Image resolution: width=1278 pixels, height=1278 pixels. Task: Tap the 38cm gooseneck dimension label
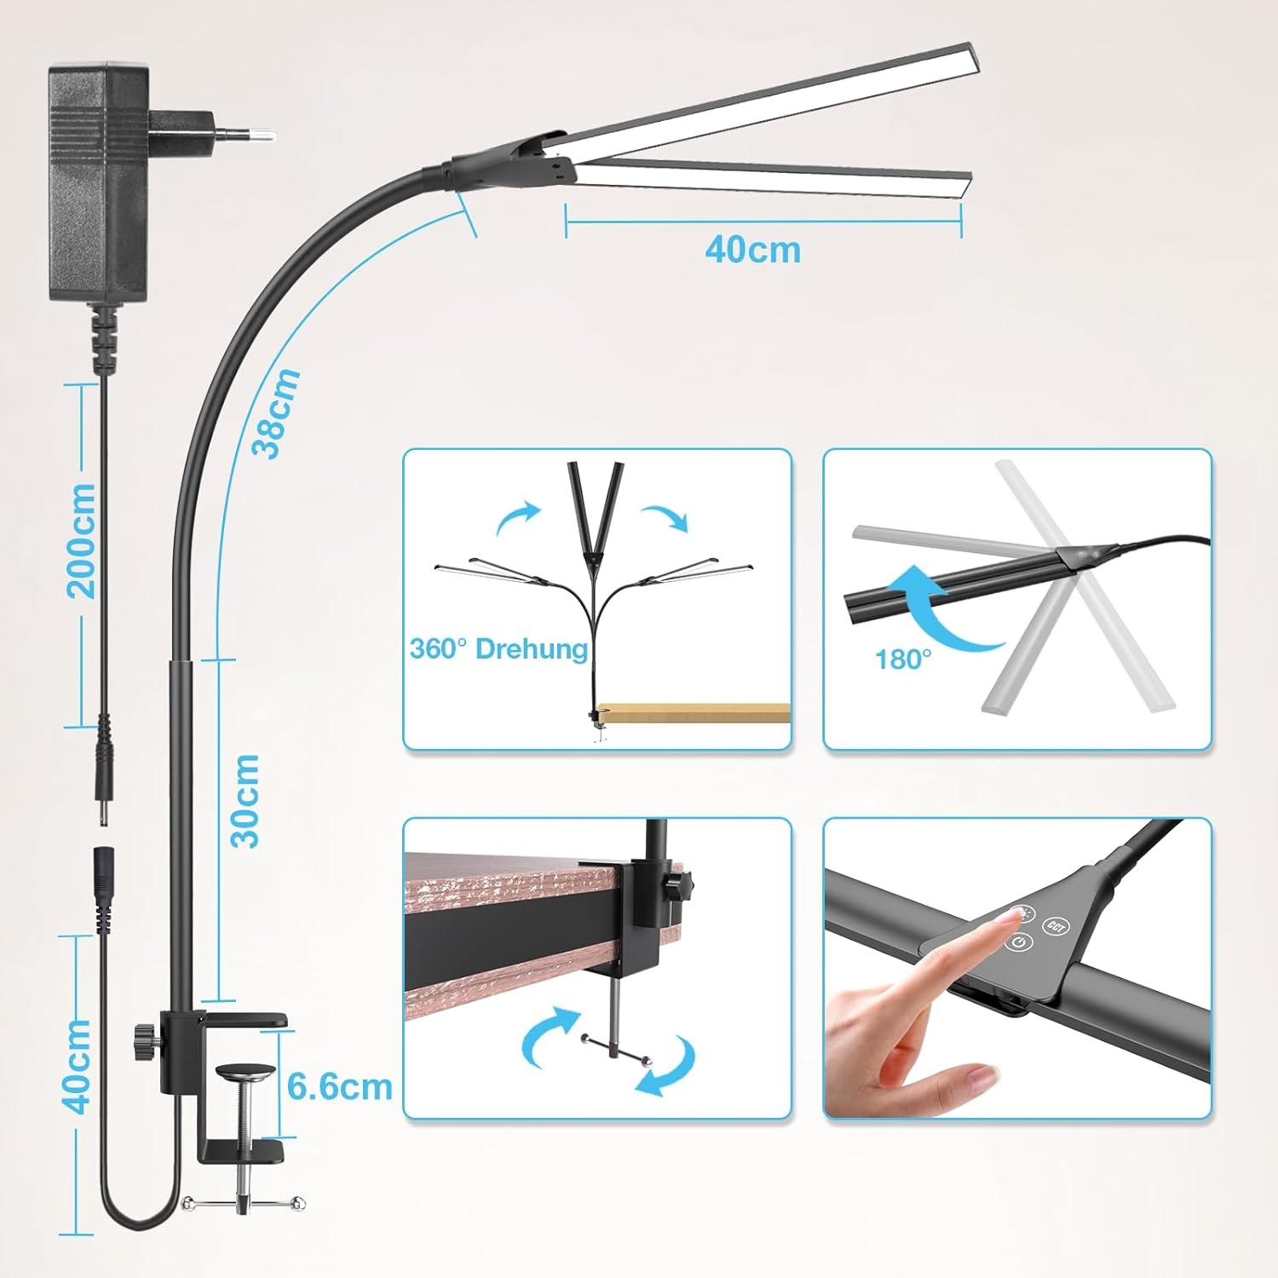click(x=278, y=413)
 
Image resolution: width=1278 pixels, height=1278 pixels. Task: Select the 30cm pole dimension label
click(x=246, y=800)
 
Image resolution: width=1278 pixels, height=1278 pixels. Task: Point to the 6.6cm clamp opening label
click(x=340, y=1087)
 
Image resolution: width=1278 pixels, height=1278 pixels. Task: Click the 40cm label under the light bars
click(x=753, y=250)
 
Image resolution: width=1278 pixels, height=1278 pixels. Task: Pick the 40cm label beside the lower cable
click(x=78, y=1065)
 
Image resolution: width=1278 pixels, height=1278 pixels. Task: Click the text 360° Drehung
click(x=498, y=649)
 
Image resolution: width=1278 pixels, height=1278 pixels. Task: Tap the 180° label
click(x=903, y=659)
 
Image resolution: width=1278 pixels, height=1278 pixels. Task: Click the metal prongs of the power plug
click(x=244, y=133)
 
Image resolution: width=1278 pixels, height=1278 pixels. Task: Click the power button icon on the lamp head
click(x=1020, y=942)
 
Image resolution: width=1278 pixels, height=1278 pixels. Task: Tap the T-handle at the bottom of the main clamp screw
click(x=243, y=1202)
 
